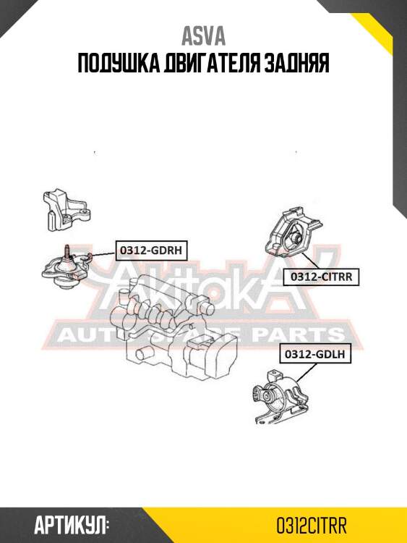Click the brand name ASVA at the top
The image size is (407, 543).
point(203,36)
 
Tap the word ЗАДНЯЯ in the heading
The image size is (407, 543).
point(296,64)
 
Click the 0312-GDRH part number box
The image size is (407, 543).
point(151,251)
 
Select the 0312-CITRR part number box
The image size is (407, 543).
point(321,277)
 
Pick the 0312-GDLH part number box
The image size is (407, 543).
point(315,354)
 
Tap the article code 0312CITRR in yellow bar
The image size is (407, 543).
point(312,526)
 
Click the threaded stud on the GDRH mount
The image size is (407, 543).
point(67,251)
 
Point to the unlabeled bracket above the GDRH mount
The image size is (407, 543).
point(67,210)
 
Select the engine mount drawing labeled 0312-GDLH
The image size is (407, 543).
point(280,397)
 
